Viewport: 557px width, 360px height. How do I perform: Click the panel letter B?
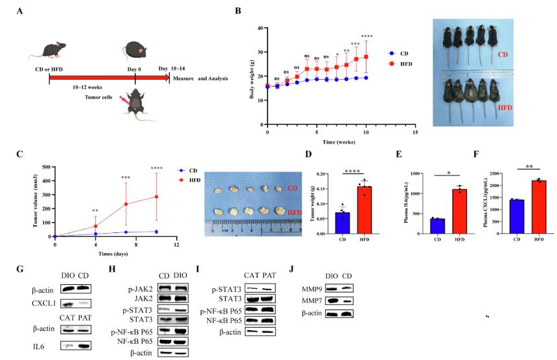[x=238, y=11]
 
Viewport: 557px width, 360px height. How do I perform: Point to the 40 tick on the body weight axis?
[x=259, y=28]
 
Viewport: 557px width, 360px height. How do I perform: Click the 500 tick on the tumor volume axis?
[x=45, y=167]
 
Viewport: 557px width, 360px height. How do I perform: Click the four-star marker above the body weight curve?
[x=367, y=36]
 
